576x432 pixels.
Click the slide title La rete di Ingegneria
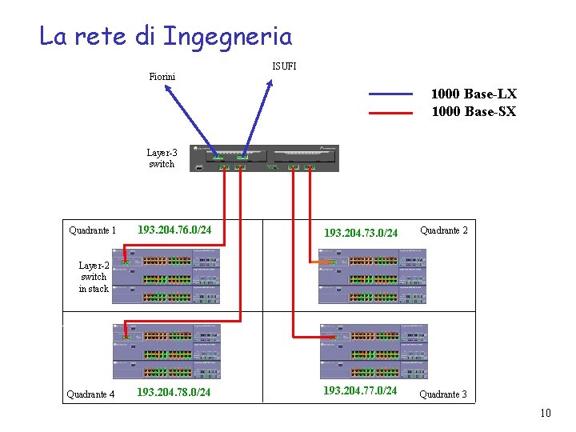pos(166,36)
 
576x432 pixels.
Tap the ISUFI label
pos(284,66)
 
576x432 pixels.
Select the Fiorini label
pos(162,77)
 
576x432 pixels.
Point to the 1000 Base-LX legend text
pos(474,94)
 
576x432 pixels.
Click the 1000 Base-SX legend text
pos(474,112)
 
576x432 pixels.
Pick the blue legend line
pos(394,94)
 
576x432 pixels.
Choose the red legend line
pos(394,113)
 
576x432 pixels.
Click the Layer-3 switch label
pos(162,158)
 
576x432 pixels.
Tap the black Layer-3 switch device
pos(264,158)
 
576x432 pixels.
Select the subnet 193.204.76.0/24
pos(174,230)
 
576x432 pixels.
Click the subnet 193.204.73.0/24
pos(360,234)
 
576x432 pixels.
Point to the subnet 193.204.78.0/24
pos(174,393)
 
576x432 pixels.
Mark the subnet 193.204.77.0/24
pos(359,390)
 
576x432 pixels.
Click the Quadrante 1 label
pos(92,231)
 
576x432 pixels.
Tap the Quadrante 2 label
pos(444,230)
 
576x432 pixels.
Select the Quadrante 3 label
pos(443,394)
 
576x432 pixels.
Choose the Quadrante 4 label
pos(90,394)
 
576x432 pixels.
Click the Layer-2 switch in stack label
pos(94,277)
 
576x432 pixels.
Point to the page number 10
pos(546,414)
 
